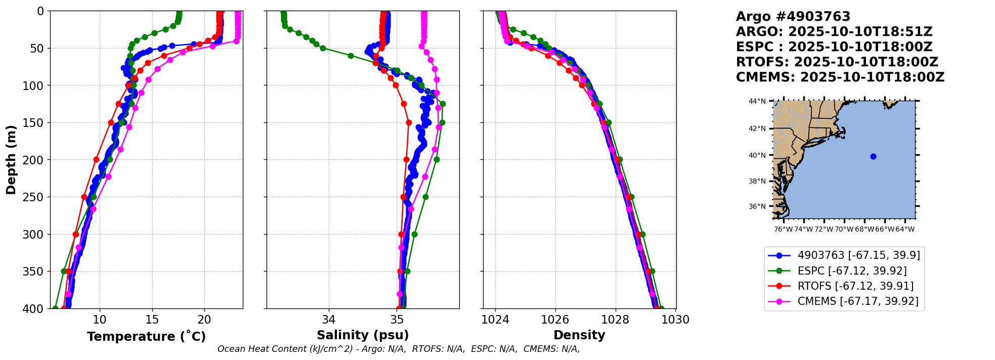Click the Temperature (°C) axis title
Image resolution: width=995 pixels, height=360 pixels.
coord(146,337)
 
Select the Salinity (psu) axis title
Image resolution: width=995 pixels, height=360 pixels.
coord(363,335)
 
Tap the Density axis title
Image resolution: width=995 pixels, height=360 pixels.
coord(579,335)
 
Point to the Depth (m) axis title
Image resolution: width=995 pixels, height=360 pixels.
coord(11,160)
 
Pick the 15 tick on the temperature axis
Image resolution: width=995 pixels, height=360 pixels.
coord(152,320)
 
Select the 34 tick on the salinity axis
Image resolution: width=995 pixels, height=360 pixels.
coord(329,320)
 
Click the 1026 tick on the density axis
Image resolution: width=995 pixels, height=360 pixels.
coord(555,320)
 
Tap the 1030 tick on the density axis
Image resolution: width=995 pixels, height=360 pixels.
coord(676,320)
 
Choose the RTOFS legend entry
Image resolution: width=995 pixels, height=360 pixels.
coord(855,286)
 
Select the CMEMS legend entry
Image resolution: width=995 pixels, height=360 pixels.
coord(858,302)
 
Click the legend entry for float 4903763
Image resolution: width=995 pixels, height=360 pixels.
coord(858,255)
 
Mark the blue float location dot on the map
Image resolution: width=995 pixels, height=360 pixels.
coord(873,156)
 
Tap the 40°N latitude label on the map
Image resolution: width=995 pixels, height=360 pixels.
coord(757,155)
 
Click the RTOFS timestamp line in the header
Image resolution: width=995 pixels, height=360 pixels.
coord(837,62)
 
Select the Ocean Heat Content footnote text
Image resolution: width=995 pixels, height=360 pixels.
coord(399,349)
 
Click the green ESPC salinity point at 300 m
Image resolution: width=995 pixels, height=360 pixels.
coord(414,234)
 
